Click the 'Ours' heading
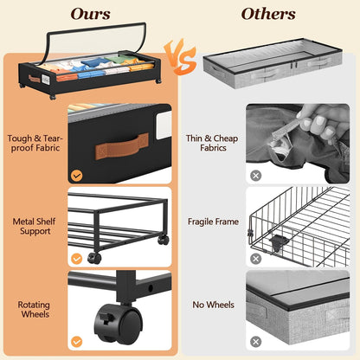click(90, 14)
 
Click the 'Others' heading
click(268, 14)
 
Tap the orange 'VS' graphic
click(180, 57)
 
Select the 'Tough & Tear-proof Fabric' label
click(35, 143)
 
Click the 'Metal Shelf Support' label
click(35, 226)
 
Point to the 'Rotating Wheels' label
click(34, 309)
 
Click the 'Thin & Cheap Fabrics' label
click(212, 143)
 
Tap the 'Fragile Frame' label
click(213, 222)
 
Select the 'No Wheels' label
click(213, 305)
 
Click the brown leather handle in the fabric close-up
click(122, 146)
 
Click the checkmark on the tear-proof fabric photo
click(76, 176)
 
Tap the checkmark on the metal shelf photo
click(76, 259)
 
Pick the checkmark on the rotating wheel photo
click(76, 342)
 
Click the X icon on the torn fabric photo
click(255, 176)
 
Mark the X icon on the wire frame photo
click(255, 259)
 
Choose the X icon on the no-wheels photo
click(255, 342)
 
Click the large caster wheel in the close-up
click(119, 323)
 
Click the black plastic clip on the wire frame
click(279, 241)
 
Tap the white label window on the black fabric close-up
click(164, 125)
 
